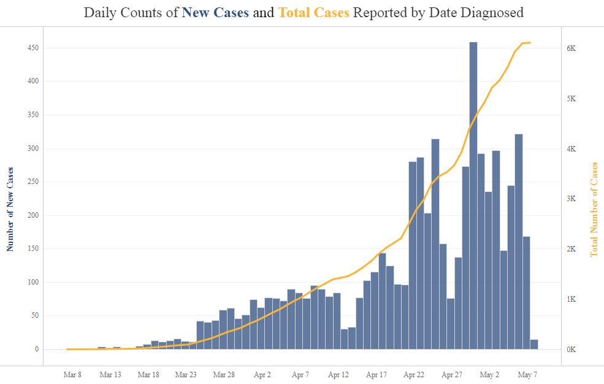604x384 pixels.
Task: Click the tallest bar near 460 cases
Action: pyautogui.click(x=473, y=196)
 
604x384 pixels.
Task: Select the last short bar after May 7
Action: pyautogui.click(x=534, y=344)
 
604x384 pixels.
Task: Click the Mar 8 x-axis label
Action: pyautogui.click(x=72, y=374)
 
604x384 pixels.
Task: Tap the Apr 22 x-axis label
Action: pyautogui.click(x=415, y=374)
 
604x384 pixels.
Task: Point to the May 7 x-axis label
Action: pyautogui.click(x=527, y=374)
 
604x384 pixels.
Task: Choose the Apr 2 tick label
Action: pyautogui.click(x=262, y=374)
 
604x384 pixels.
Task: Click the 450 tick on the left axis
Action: pyautogui.click(x=34, y=48)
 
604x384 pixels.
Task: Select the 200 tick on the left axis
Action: pyautogui.click(x=34, y=215)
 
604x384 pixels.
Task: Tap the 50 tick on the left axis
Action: pyautogui.click(x=36, y=316)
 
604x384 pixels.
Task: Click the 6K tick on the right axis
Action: pyautogui.click(x=571, y=48)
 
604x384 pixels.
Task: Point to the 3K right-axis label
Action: pyautogui.click(x=571, y=199)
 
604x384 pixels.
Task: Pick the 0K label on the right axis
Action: pyautogui.click(x=571, y=350)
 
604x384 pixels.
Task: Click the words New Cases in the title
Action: pyautogui.click(x=215, y=13)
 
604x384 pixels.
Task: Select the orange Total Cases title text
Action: pyautogui.click(x=313, y=13)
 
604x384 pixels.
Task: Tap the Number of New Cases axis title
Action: pyautogui.click(x=10, y=209)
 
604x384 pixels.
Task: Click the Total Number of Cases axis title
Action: pyautogui.click(x=594, y=209)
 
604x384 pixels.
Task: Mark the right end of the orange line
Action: pyautogui.click(x=530, y=42)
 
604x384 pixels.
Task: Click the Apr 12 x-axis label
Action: pyautogui.click(x=338, y=374)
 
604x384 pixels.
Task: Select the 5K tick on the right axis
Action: pyautogui.click(x=571, y=99)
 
